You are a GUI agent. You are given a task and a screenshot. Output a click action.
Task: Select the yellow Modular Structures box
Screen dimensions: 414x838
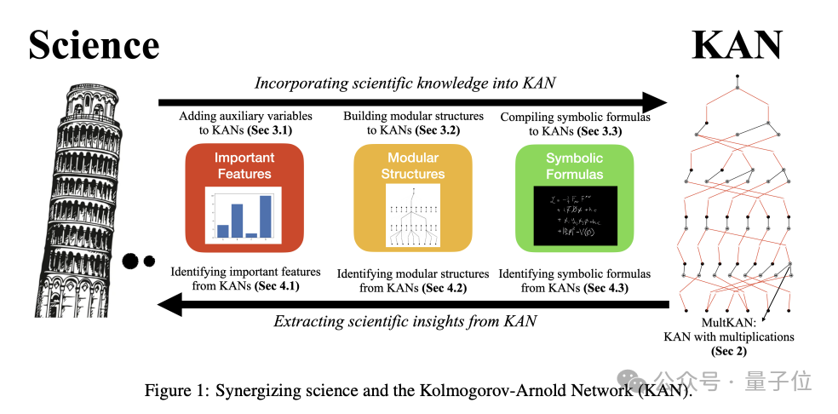[413, 198]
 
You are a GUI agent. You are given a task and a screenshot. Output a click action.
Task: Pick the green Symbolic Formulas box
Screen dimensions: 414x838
[575, 198]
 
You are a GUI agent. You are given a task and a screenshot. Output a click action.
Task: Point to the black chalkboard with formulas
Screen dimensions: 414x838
[575, 216]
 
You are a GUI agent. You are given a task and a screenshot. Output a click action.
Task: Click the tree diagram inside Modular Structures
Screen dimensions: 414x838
[413, 216]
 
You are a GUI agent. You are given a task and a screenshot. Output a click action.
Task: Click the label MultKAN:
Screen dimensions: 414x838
[729, 324]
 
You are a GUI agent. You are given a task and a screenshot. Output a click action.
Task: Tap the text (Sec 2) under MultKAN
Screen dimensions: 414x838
[729, 350]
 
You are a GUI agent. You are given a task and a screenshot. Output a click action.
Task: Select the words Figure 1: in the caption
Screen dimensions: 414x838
[175, 391]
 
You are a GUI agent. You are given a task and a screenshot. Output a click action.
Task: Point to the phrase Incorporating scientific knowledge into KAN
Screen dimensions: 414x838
[405, 83]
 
